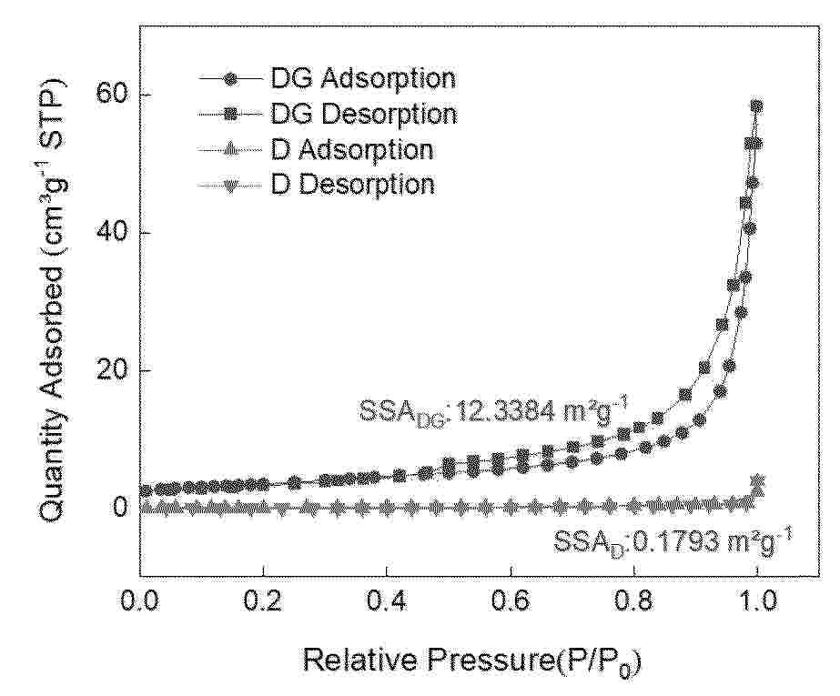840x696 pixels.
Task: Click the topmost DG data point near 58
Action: (756, 106)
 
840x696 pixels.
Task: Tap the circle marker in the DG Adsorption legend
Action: (231, 78)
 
